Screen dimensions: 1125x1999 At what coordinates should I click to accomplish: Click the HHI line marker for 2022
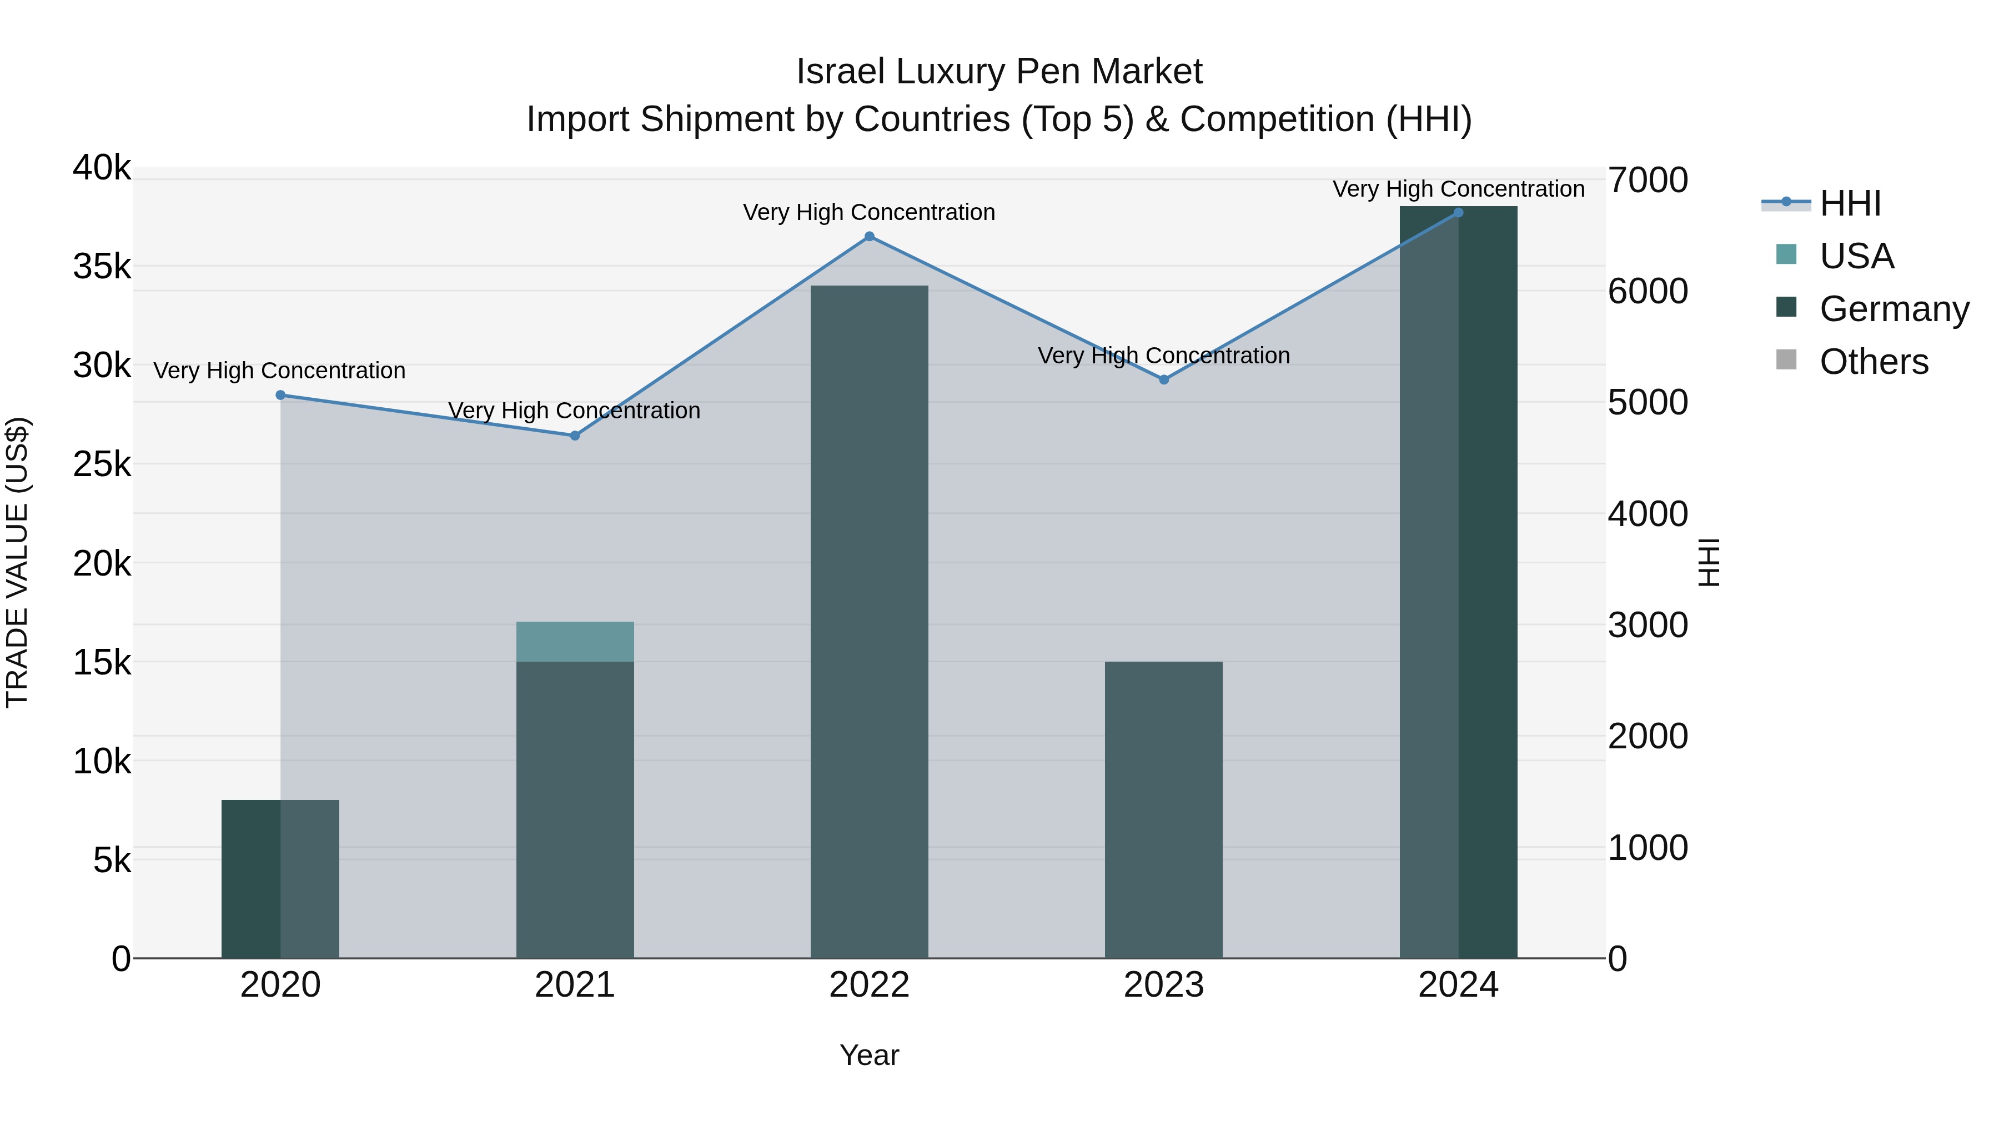[x=869, y=237]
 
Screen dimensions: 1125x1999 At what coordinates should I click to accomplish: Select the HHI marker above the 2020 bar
[x=281, y=395]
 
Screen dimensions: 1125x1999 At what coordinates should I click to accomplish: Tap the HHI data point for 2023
[x=1164, y=379]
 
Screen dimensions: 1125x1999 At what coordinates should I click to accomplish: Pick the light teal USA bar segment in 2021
[x=575, y=641]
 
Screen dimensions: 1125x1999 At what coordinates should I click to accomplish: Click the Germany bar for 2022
[x=869, y=621]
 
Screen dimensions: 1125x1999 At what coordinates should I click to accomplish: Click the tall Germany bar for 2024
[x=1458, y=582]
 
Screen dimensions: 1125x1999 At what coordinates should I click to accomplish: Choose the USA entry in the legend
[x=1855, y=256]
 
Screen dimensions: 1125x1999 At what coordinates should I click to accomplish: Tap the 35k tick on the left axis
[x=102, y=267]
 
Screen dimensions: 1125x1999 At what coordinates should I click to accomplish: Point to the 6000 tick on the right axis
[x=1648, y=292]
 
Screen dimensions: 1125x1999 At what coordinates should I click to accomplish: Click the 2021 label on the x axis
[x=575, y=985]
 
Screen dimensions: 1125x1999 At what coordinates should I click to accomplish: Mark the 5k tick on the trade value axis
[x=112, y=860]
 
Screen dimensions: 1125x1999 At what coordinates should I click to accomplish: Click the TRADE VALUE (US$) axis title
[x=17, y=562]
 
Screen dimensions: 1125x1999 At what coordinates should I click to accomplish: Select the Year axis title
[x=869, y=1055]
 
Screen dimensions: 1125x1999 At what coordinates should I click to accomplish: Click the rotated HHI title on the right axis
[x=1709, y=562]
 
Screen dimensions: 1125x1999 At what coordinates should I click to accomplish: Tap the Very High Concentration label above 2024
[x=1458, y=189]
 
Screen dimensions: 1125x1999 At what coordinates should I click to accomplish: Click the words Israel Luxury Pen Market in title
[x=999, y=72]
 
